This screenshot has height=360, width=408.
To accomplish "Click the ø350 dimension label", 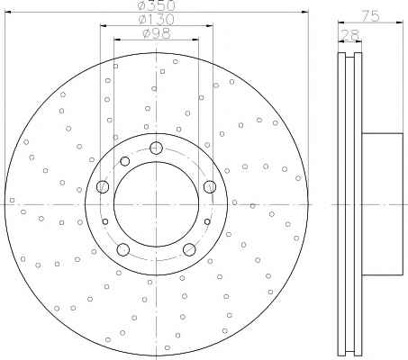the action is (x=156, y=4).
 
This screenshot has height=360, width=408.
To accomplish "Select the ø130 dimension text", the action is (x=156, y=20).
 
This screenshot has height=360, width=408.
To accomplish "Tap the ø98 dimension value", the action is (x=157, y=33).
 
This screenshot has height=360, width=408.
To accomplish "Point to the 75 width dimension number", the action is (x=370, y=16).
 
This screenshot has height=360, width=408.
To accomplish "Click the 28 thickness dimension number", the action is (x=349, y=35).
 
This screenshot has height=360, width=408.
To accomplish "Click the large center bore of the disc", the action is (x=156, y=204).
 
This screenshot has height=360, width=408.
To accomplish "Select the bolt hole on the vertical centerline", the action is (x=156, y=148).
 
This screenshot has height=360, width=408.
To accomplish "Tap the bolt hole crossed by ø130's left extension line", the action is (x=103, y=187).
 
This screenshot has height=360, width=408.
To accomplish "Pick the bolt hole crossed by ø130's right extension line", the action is (x=210, y=187).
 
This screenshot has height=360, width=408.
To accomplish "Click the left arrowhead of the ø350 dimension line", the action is (x=8, y=12).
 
